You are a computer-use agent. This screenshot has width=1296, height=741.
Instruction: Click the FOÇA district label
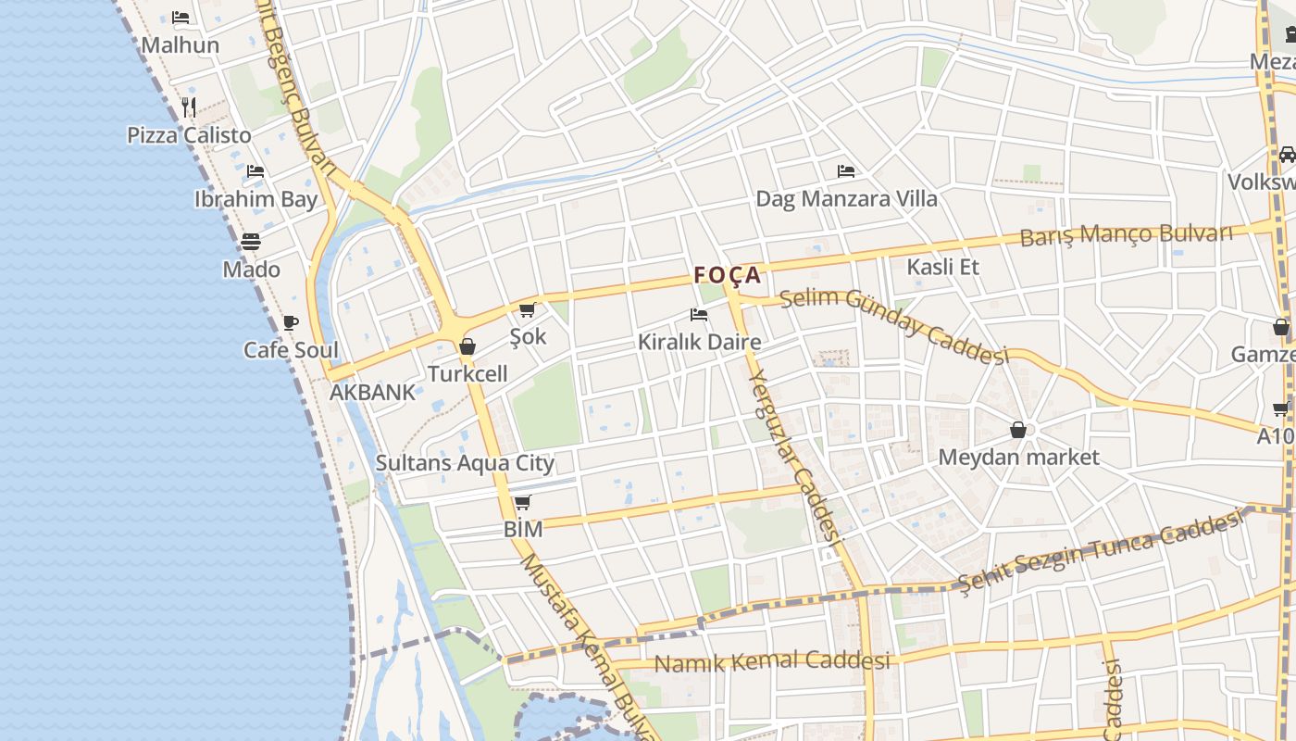(728, 275)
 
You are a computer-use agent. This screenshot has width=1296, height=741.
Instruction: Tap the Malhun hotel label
(181, 44)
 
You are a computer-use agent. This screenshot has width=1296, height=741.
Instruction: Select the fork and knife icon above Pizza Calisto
(189, 107)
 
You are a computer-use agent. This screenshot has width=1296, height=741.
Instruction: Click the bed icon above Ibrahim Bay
(255, 171)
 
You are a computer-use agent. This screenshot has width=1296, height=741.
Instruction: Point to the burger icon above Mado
(251, 242)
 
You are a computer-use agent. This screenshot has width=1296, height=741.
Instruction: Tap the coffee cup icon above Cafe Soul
(291, 322)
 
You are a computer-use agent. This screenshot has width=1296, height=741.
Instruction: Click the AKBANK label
(373, 392)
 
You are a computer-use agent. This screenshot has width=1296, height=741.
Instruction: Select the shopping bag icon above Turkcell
(467, 346)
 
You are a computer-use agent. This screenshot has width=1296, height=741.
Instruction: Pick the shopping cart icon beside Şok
(528, 309)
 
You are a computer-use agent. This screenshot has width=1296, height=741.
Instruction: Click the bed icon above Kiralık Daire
(699, 315)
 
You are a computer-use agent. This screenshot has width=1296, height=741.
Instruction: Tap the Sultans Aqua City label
(465, 462)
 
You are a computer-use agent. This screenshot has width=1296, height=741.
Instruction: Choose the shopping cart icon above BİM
(523, 502)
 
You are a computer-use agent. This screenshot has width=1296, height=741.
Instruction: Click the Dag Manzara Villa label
(846, 198)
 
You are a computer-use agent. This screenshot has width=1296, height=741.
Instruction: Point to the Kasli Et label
(942, 267)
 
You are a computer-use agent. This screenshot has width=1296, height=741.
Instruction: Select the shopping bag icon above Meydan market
(1018, 430)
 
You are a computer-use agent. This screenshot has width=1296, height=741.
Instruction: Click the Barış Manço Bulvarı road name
(1126, 234)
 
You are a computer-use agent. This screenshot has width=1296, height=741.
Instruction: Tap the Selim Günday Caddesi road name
(893, 325)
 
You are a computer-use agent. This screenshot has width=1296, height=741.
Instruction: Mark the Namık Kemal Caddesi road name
(772, 661)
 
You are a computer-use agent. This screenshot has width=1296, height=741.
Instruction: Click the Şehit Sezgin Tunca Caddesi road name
(1099, 552)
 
